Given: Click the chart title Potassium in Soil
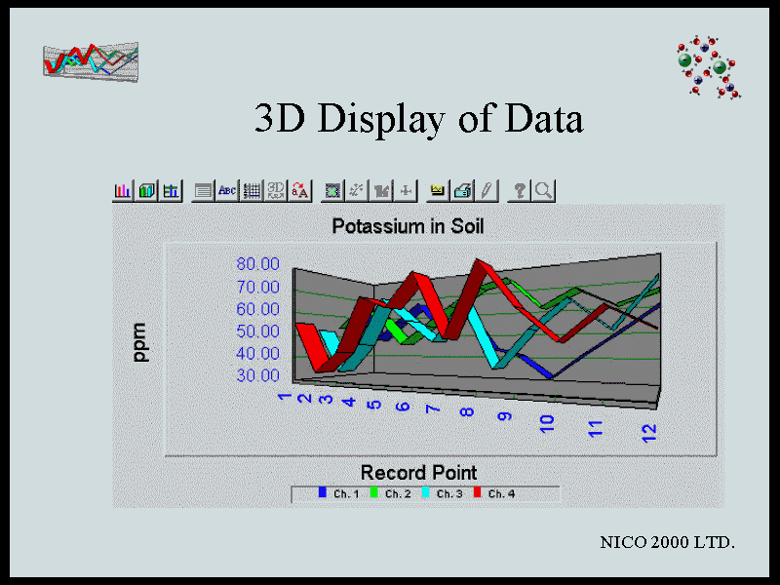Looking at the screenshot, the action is (x=408, y=226).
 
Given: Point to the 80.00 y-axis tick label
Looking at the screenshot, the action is (x=257, y=263).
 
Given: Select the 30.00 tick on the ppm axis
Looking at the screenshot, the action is (x=257, y=375).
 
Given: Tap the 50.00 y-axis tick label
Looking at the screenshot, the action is (x=257, y=331).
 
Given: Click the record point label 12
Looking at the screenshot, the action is (x=649, y=433).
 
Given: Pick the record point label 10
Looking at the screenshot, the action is (x=547, y=424).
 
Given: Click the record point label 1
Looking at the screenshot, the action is (x=284, y=397).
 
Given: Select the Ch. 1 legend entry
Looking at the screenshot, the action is (x=338, y=493).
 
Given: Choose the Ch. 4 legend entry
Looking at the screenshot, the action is (x=494, y=493).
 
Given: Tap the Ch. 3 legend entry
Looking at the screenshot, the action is (x=443, y=493).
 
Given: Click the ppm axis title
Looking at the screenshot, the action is (x=139, y=342).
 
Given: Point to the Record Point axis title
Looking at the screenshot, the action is (x=418, y=472).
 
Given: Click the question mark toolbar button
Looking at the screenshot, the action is (x=520, y=190).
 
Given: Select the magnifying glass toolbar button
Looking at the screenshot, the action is (x=543, y=190).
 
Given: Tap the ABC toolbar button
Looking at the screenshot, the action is (x=227, y=190).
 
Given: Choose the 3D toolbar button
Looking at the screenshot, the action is (x=276, y=190).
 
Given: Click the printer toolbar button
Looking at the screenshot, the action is (x=462, y=190).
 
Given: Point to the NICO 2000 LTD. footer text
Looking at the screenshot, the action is (x=667, y=542).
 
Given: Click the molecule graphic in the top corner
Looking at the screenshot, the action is (x=709, y=66).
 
